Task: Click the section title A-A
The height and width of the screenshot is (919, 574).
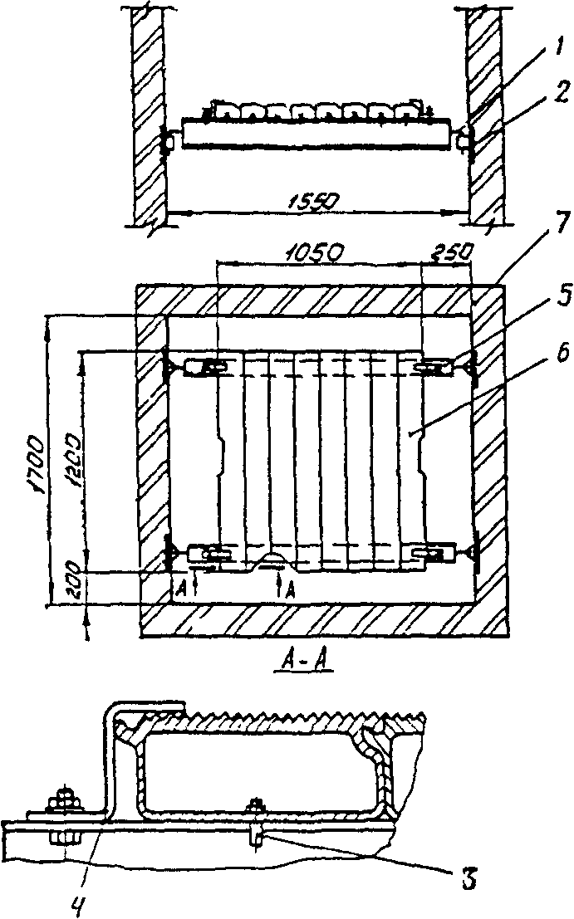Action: (x=295, y=662)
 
